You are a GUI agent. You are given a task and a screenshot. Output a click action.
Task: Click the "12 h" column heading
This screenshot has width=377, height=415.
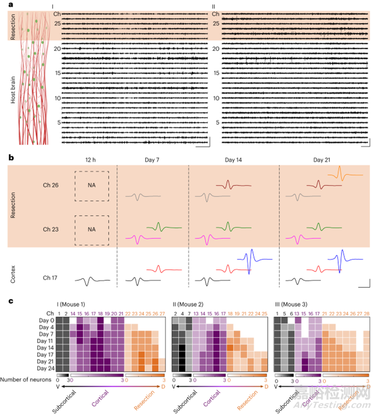point(90,160)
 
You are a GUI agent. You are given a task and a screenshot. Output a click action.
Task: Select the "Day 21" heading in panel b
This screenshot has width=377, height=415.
point(323,160)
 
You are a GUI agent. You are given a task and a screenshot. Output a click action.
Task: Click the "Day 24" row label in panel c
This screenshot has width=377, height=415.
point(45,367)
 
